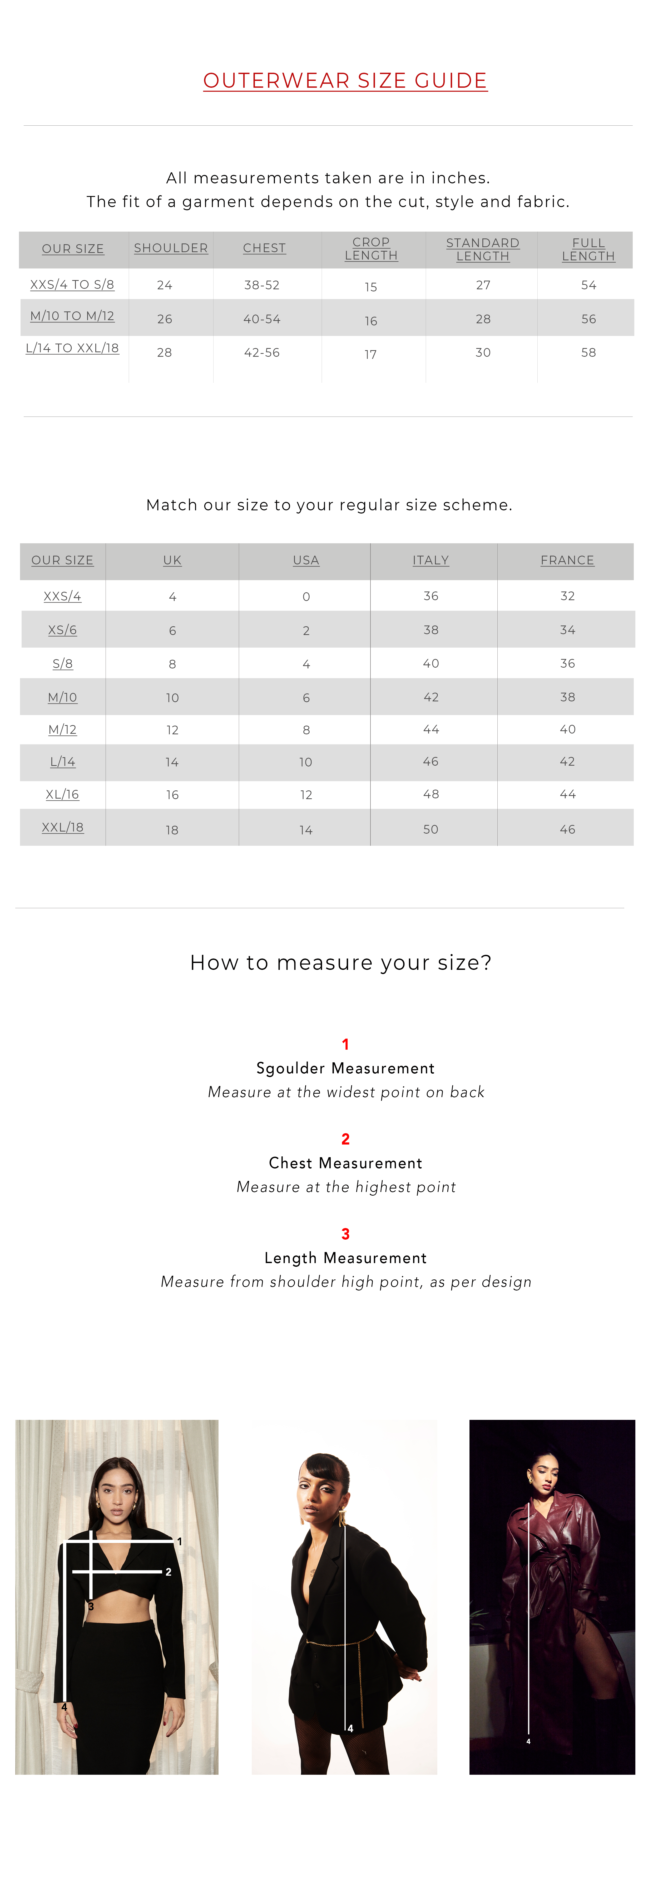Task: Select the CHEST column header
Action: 264,248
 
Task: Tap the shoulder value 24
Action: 164,285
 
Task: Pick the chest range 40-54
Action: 262,319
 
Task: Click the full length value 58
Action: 588,353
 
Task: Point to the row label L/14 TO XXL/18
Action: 72,348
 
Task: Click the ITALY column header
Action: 431,560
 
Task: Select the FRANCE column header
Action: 567,560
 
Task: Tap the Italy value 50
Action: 431,829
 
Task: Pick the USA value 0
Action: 306,597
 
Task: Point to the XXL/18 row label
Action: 63,828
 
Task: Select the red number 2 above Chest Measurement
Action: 345,1139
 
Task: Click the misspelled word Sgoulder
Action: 290,1069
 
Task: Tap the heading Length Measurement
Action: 345,1258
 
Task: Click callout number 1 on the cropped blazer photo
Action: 179,1541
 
